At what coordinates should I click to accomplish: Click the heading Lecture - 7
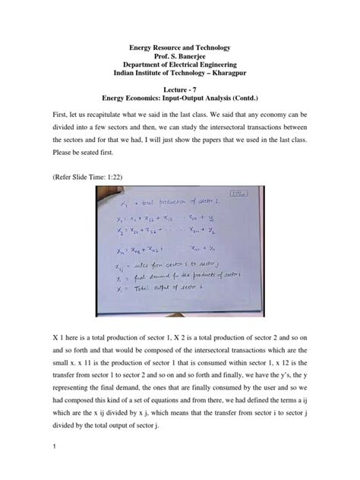[180, 90]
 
